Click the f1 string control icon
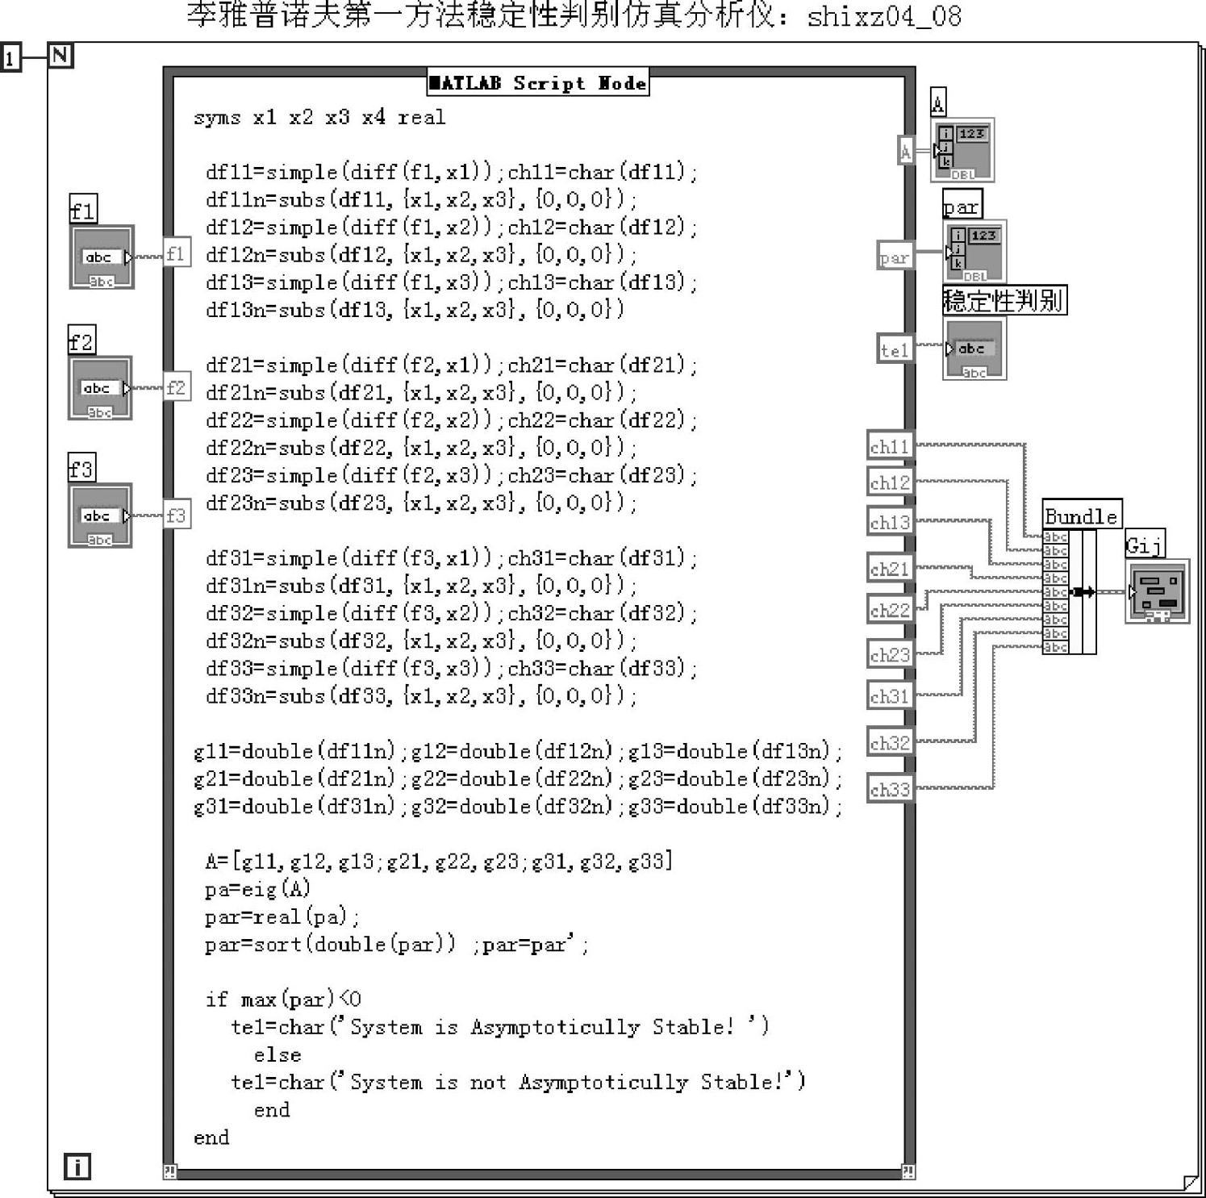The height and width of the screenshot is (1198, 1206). [x=102, y=257]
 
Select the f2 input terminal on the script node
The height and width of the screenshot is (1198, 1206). [x=177, y=388]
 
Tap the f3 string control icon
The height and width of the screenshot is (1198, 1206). [x=100, y=516]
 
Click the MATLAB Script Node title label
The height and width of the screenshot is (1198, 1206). [x=538, y=83]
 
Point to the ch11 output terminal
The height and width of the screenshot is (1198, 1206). [x=890, y=446]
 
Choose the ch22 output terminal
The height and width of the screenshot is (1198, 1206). [x=890, y=610]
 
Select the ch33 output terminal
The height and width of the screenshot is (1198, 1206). [x=890, y=789]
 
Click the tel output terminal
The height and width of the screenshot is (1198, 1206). [x=895, y=349]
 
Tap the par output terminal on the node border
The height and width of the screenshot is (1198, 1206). [x=895, y=257]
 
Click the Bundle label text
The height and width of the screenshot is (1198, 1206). [x=1081, y=516]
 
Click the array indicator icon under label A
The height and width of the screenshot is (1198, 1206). [x=963, y=150]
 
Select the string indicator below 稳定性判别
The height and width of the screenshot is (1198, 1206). [x=974, y=349]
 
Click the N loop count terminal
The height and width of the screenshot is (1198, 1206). [x=61, y=56]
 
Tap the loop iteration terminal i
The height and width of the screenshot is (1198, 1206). [x=77, y=1167]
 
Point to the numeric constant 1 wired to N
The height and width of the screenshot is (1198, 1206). [x=10, y=58]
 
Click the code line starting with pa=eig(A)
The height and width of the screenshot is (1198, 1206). [x=257, y=889]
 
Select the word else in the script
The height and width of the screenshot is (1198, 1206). [x=277, y=1054]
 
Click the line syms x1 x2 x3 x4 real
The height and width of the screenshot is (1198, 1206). [x=319, y=118]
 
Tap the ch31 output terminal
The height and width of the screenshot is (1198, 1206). [x=890, y=695]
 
